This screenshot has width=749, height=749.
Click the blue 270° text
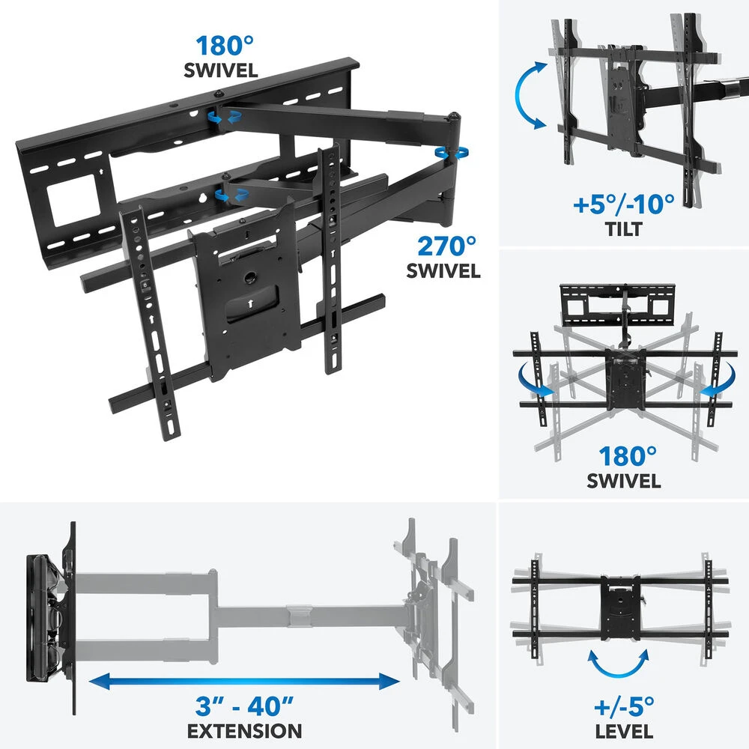(x=446, y=246)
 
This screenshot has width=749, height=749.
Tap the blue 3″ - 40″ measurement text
(x=244, y=706)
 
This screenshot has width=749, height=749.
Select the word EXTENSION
(x=244, y=731)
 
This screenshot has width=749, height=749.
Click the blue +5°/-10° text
(x=624, y=204)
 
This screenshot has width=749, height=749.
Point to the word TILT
(x=624, y=229)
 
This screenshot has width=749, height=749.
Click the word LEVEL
(x=624, y=731)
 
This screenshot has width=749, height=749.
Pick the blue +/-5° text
(x=624, y=706)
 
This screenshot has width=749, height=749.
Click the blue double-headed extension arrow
(x=244, y=681)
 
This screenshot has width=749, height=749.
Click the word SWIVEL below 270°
(x=443, y=271)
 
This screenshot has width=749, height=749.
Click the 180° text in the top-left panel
(x=225, y=46)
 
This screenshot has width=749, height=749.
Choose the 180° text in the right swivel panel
(x=628, y=457)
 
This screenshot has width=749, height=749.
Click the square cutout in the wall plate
(x=73, y=200)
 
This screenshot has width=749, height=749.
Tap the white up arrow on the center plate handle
(x=250, y=303)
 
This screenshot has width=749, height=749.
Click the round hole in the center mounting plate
(x=250, y=278)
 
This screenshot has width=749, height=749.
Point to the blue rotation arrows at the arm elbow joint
(x=452, y=153)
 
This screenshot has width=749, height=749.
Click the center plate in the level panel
(x=620, y=607)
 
